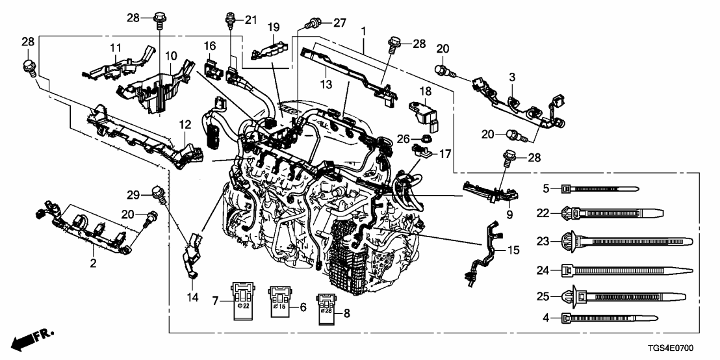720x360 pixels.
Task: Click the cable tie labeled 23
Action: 611,242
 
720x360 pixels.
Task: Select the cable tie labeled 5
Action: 598,189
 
